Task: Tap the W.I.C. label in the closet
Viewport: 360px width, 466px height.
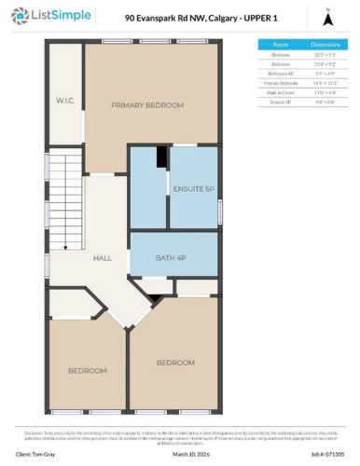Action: pos(64,100)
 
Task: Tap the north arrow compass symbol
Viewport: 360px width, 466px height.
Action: pos(328,18)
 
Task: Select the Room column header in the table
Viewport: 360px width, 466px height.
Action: pos(279,44)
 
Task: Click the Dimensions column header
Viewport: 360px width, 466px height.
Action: pos(324,44)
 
